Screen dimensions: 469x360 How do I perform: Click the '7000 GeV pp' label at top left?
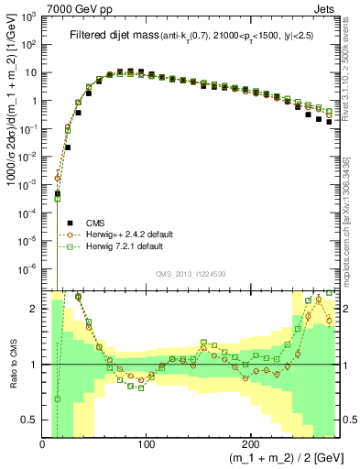coord(74,7)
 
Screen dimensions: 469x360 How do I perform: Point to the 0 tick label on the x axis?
coord(43,442)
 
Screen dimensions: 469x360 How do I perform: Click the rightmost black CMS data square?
coord(329,121)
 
